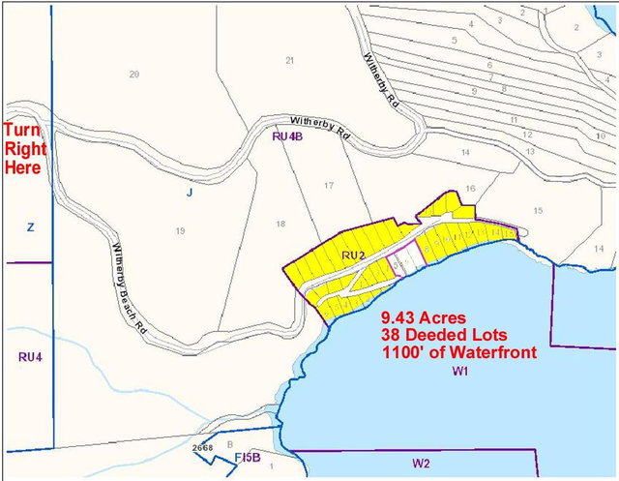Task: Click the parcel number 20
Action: coord(134,75)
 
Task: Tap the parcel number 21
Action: coord(289,61)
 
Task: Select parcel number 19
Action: coord(180,230)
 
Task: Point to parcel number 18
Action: coord(280,224)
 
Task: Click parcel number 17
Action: coord(329,185)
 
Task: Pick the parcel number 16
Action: coord(471,188)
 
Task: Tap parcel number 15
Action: coord(538,210)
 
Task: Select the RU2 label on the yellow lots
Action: coord(352,255)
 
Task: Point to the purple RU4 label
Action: coord(30,356)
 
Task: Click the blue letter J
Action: coord(191,193)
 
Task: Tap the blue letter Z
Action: coord(31,226)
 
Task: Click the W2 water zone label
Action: coord(420,464)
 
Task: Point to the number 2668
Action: coord(202,448)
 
